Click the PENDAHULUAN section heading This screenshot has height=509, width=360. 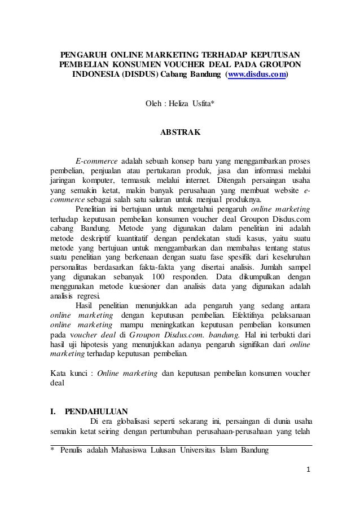tap(96, 410)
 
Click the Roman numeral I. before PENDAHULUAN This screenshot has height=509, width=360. tap(53, 410)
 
